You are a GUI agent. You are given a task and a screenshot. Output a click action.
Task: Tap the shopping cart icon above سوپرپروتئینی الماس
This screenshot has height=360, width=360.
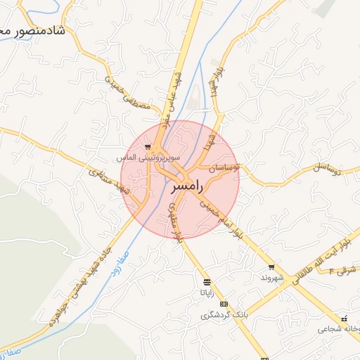148,147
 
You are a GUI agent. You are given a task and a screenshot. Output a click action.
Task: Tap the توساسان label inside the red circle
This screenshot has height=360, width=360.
224,167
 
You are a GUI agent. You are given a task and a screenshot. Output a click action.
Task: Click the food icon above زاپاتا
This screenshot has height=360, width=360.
206,283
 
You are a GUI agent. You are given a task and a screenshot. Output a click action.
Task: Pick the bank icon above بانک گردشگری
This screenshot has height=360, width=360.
224,304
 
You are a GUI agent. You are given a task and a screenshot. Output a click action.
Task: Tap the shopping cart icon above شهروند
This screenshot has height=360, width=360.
271,267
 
